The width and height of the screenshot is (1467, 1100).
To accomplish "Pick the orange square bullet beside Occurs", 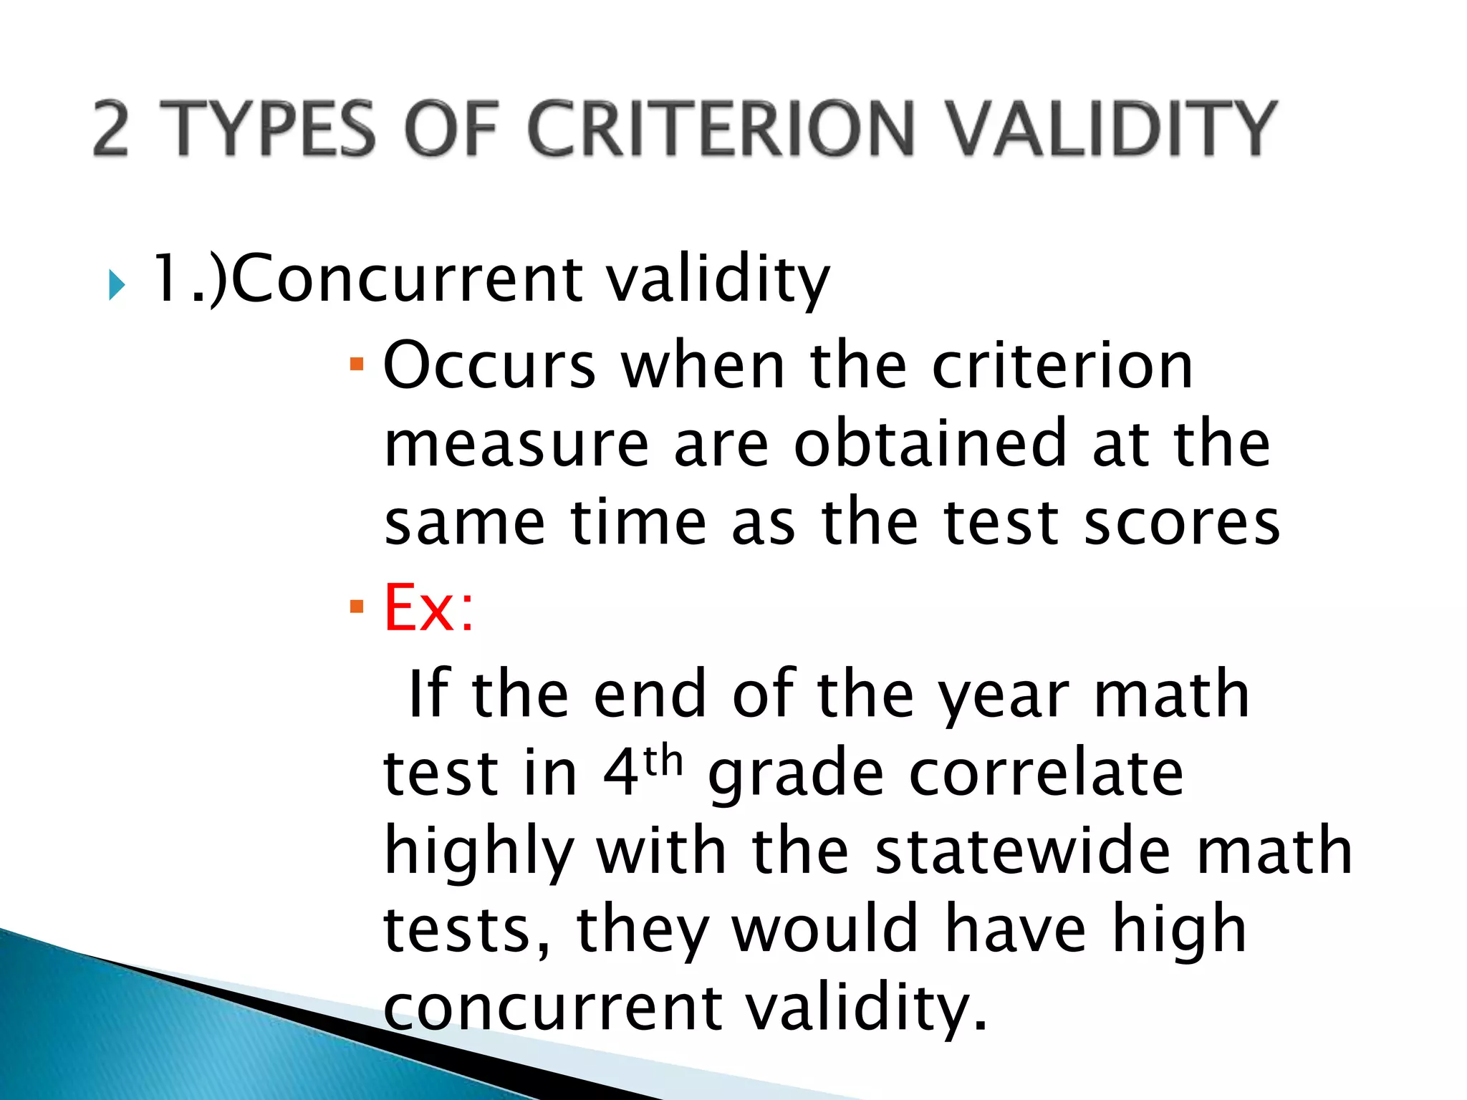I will (357, 365).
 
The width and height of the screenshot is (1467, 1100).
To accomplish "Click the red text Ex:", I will (428, 607).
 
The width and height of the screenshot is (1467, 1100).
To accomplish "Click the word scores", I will (1181, 523).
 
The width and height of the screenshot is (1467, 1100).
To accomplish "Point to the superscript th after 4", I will (663, 761).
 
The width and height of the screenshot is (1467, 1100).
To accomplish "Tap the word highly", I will (478, 852).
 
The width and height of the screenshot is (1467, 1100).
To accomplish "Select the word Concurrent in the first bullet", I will (407, 279).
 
